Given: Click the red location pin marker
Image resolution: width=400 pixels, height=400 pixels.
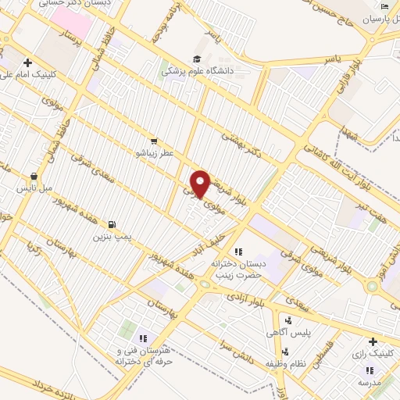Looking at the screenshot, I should pos(201,184).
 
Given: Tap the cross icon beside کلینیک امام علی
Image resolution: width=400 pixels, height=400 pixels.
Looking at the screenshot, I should pos(27,62).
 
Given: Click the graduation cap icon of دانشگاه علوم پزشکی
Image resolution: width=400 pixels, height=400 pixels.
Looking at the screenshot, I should pos(198,59).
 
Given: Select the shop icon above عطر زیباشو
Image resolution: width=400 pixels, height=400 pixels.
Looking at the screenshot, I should pos(154,141).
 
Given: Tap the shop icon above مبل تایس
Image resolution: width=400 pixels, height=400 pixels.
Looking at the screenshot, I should pos(34,177).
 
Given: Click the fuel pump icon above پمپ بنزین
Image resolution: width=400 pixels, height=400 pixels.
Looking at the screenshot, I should pos(115,223).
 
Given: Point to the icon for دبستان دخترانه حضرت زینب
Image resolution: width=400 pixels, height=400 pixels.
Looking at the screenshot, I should pos(239,252).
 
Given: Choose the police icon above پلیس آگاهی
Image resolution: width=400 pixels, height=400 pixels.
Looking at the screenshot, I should pos(288,320).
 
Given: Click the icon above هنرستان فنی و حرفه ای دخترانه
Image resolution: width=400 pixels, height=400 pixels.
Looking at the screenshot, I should pos(143,337).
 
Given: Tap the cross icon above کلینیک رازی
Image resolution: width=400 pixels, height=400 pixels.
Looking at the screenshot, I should pos(373,341).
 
